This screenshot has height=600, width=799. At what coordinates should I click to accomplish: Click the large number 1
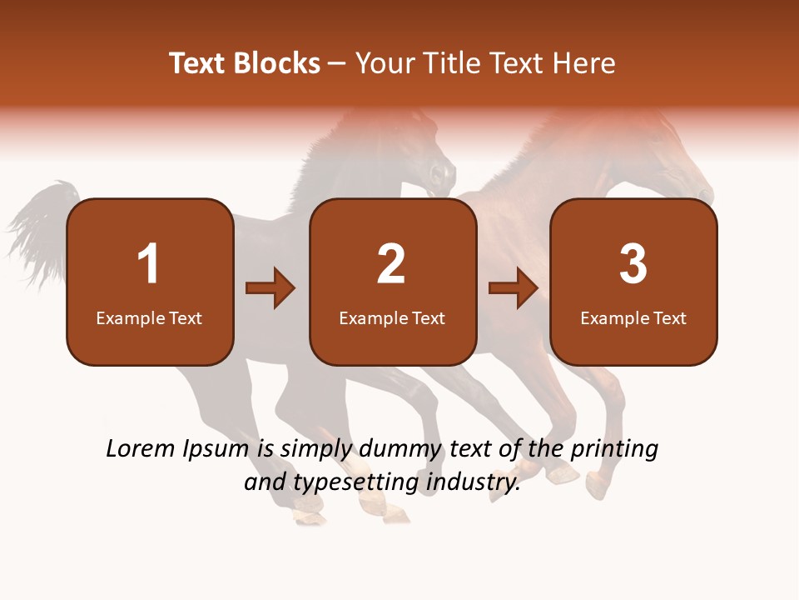tap(149, 264)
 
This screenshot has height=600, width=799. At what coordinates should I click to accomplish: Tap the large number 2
tap(391, 264)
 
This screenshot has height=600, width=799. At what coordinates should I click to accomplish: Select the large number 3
tap(633, 264)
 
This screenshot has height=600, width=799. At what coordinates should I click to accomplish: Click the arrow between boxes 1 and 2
tap(270, 288)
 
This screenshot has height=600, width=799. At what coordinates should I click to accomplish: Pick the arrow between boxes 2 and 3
tap(514, 288)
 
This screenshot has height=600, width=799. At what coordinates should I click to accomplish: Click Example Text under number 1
tap(149, 317)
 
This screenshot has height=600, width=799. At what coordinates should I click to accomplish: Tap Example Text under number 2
tap(392, 317)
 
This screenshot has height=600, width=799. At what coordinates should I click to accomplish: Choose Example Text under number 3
tap(633, 317)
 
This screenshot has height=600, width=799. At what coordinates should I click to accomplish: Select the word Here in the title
tap(585, 63)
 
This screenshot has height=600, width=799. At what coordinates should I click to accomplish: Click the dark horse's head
tap(433, 162)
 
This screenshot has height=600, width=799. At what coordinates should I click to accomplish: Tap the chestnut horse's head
tap(678, 167)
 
